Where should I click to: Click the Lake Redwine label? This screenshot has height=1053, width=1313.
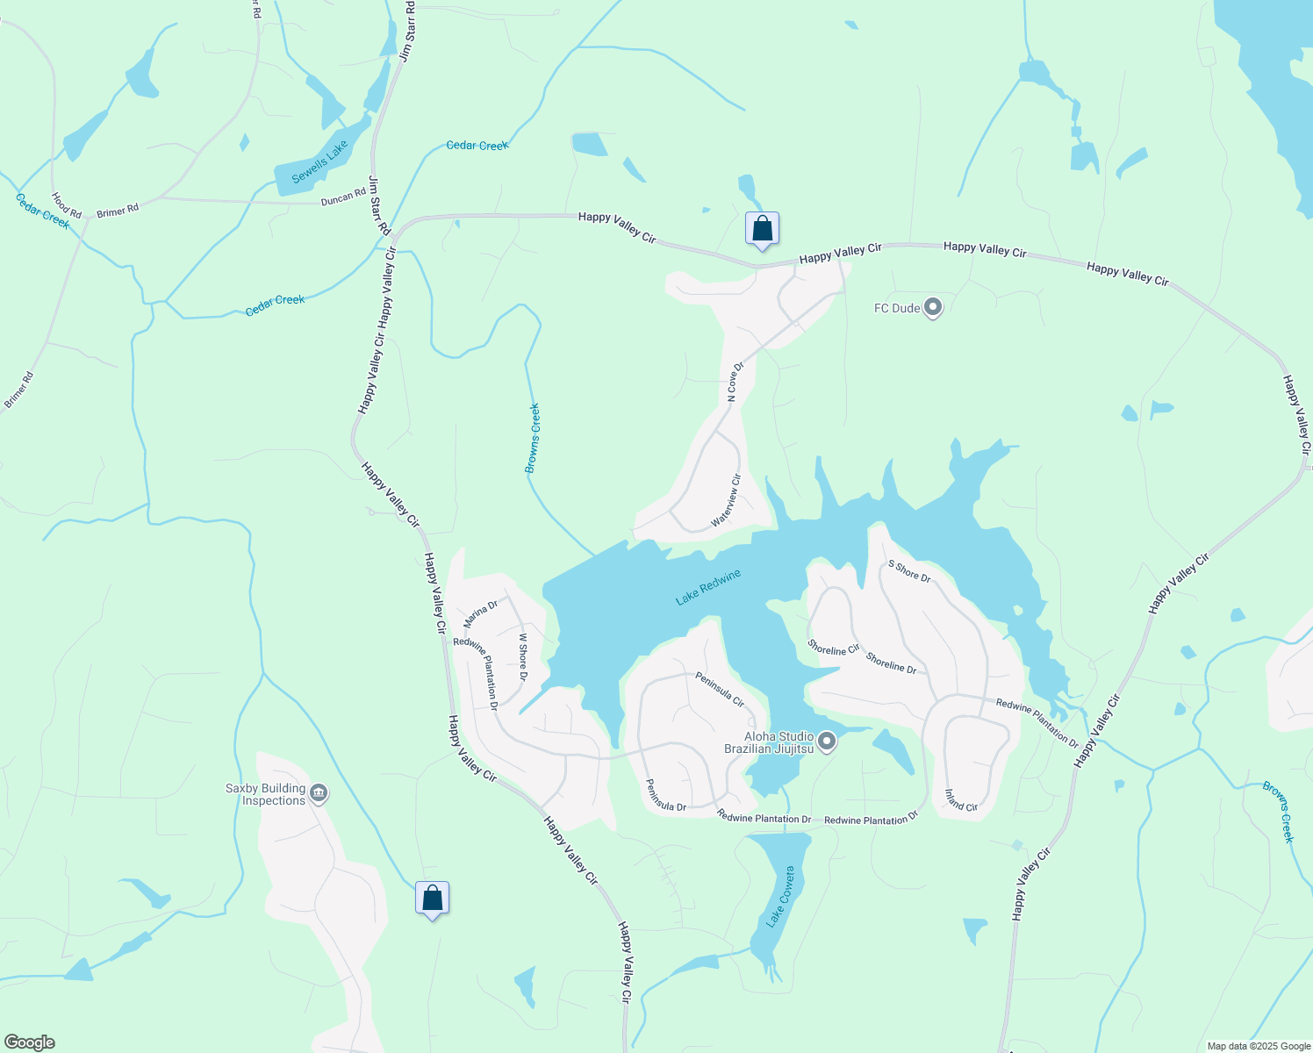pyautogui.click(x=708, y=588)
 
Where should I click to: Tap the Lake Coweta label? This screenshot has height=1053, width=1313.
pyautogui.click(x=779, y=897)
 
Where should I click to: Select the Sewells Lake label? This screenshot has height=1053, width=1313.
pyautogui.click(x=319, y=162)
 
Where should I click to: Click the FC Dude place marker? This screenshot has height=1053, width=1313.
pyautogui.click(x=933, y=308)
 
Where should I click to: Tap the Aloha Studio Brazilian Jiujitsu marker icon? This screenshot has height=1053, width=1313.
pyautogui.click(x=826, y=743)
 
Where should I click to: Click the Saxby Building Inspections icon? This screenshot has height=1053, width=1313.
pyautogui.click(x=319, y=794)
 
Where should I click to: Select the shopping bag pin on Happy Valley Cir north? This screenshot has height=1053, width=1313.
pyautogui.click(x=762, y=229)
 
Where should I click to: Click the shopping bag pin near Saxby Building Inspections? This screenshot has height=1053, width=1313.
pyautogui.click(x=432, y=899)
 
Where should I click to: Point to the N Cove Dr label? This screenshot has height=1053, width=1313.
pyautogui.click(x=735, y=382)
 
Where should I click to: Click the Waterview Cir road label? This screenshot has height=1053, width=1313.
pyautogui.click(x=727, y=500)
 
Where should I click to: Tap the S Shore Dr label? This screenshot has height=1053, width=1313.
pyautogui.click(x=909, y=571)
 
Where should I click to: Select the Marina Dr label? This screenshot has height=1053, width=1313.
pyautogui.click(x=480, y=613)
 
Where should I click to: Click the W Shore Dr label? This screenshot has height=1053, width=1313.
pyautogui.click(x=522, y=657)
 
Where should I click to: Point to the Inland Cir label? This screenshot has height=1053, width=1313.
pyautogui.click(x=961, y=800)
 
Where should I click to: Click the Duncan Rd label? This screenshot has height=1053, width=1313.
pyautogui.click(x=343, y=197)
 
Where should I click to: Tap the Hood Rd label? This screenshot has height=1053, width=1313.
pyautogui.click(x=66, y=205)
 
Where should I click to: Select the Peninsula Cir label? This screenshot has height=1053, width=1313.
pyautogui.click(x=720, y=690)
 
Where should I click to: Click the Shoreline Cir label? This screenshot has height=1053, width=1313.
pyautogui.click(x=833, y=648)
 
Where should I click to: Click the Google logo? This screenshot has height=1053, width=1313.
pyautogui.click(x=29, y=1042)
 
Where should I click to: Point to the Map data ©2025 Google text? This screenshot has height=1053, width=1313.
pyautogui.click(x=1259, y=1046)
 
